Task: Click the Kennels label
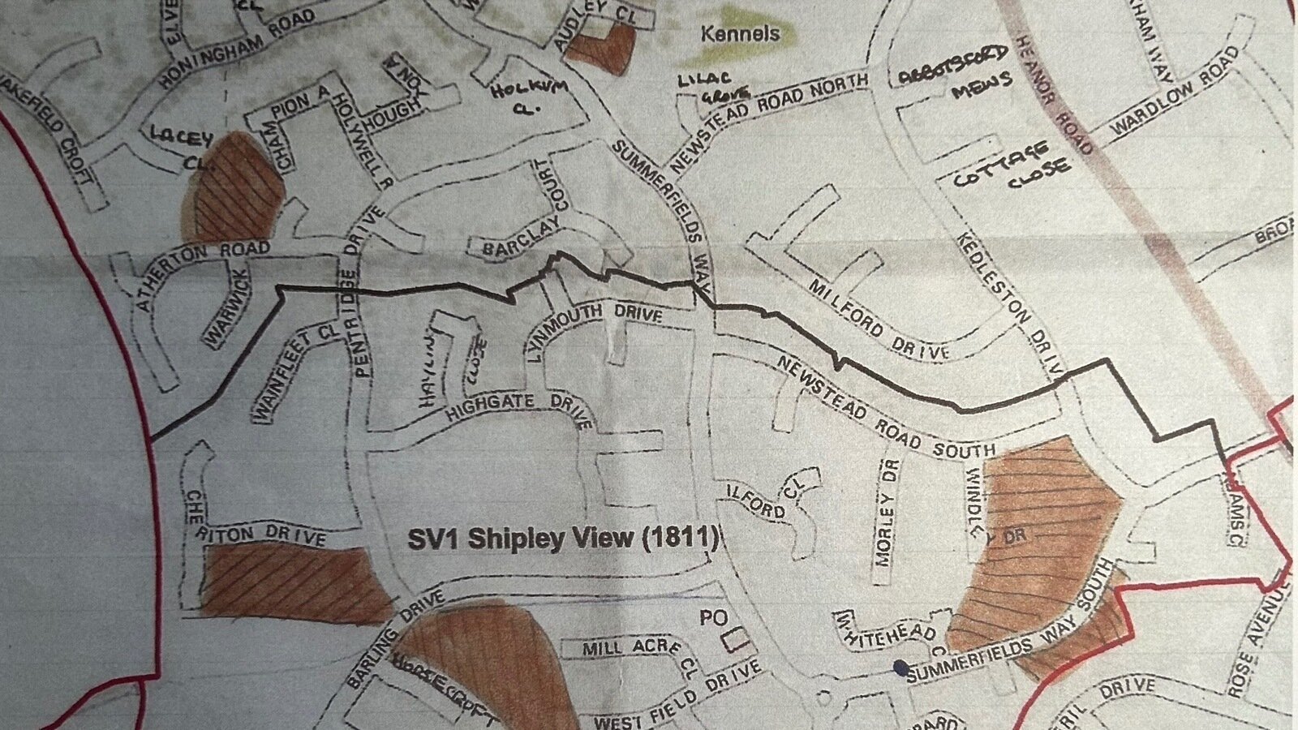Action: click(740, 33)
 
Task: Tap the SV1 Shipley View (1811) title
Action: click(562, 539)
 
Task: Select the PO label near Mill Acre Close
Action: click(713, 618)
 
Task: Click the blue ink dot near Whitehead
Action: click(900, 668)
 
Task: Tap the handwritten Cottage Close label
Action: click(1012, 169)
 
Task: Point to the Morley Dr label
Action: click(887, 513)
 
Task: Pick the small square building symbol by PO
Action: click(736, 638)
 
